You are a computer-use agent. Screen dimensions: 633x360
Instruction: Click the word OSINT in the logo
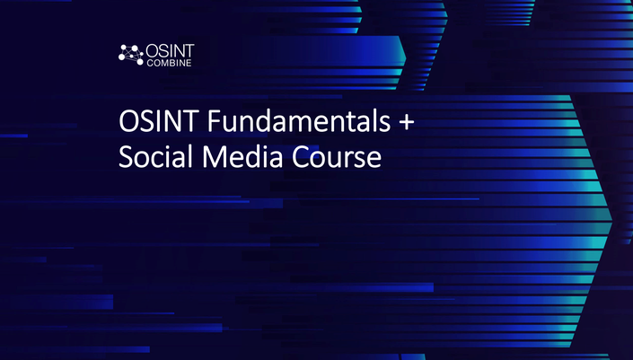point(170,51)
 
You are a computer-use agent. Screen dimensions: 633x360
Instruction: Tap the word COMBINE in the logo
point(169,64)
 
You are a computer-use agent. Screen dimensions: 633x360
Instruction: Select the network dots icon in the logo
point(131,55)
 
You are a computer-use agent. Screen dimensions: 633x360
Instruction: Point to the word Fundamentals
point(299,120)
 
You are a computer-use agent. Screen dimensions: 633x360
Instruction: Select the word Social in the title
point(155,156)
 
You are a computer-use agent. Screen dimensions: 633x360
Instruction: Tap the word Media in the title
point(242,156)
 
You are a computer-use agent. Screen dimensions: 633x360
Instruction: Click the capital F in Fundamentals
point(214,121)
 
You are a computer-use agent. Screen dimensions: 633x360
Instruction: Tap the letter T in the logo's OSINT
point(189,51)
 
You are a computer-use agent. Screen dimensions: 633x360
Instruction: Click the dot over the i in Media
point(264,147)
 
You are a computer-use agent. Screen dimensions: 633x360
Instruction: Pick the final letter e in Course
point(374,160)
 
